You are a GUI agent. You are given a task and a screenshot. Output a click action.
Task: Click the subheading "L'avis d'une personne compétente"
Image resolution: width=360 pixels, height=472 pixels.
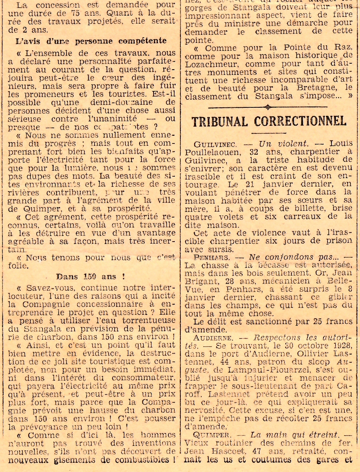91,41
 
